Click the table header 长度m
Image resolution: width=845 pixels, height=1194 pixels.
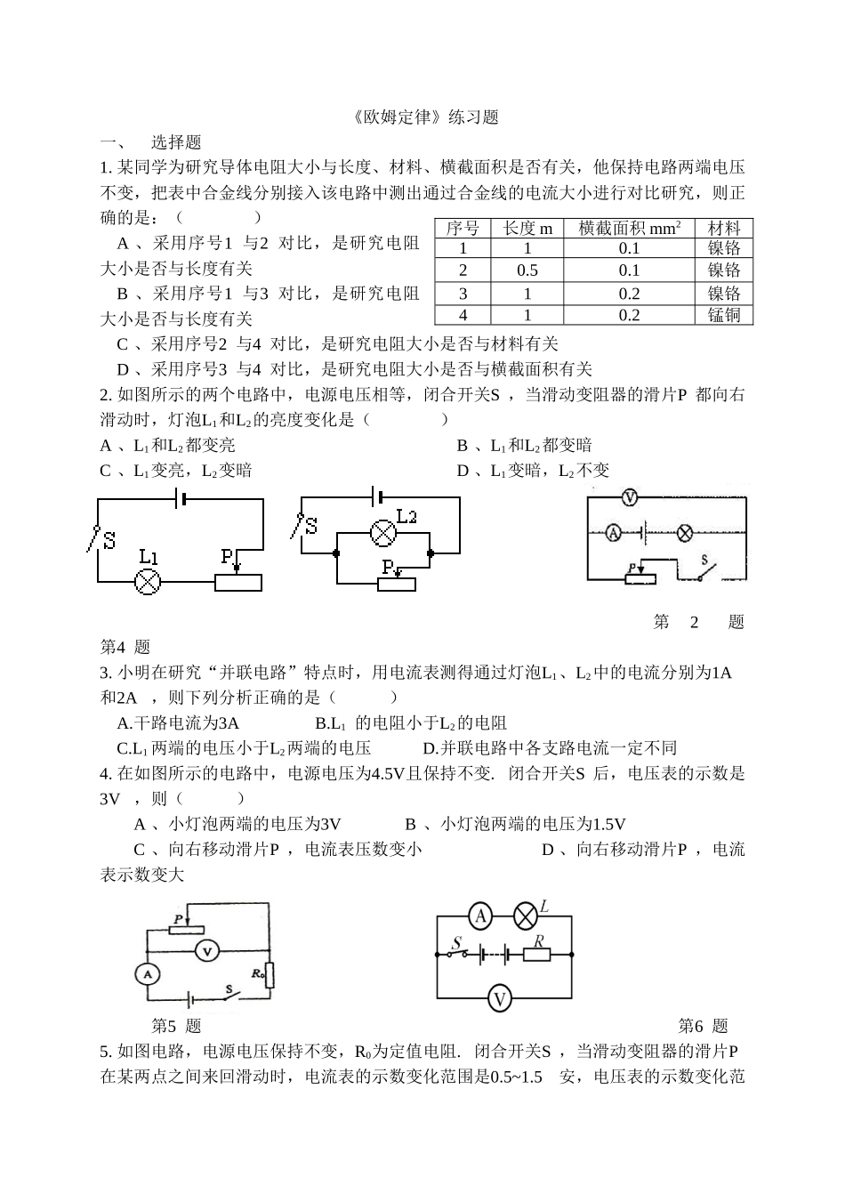pos(527,229)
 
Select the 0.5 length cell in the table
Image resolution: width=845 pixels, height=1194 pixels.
pos(527,270)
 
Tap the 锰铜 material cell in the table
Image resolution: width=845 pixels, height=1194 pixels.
pos(724,315)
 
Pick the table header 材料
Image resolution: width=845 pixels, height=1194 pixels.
pos(724,229)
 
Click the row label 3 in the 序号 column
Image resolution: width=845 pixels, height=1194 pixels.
pos(463,294)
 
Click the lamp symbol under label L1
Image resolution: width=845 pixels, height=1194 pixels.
pos(147,582)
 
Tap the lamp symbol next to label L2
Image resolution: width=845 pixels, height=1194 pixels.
pos(382,533)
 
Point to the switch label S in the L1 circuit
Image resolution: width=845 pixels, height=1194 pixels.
pos(109,540)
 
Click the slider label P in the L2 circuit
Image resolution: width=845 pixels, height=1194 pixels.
pos(388,566)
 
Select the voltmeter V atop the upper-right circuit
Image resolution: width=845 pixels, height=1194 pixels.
pos(629,498)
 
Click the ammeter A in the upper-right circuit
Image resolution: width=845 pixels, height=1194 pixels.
pos(613,533)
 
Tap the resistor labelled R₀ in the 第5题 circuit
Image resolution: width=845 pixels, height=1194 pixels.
pos(270,975)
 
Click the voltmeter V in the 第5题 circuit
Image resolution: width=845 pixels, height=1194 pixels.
pos(207,951)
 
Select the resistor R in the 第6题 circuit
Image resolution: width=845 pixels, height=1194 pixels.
pos(537,955)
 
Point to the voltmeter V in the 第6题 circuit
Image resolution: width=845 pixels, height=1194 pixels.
pos(500,998)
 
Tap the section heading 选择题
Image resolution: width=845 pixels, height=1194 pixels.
pos(176,142)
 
